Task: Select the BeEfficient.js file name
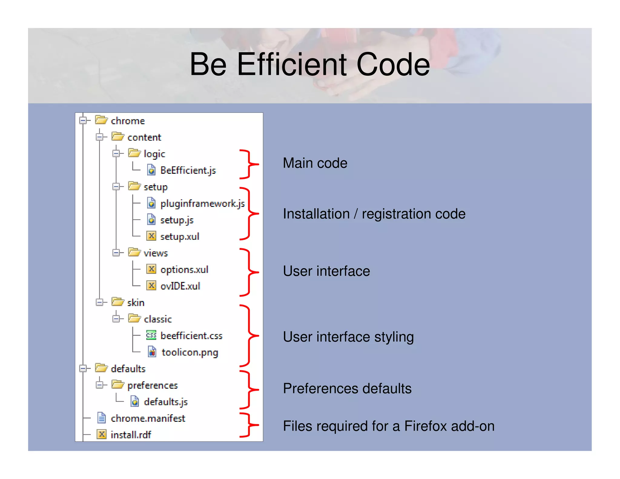188,170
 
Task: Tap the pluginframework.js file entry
202,203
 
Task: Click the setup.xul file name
180,236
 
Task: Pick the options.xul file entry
184,269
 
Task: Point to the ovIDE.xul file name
180,286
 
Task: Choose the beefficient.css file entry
191,336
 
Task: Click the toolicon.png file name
190,352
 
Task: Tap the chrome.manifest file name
148,418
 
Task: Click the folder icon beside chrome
101,120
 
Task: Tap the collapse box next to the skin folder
99,302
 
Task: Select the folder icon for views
134,252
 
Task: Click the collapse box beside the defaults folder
83,368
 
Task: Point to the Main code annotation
315,163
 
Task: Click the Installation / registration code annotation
374,214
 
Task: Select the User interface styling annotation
348,337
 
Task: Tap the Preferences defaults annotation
347,388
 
